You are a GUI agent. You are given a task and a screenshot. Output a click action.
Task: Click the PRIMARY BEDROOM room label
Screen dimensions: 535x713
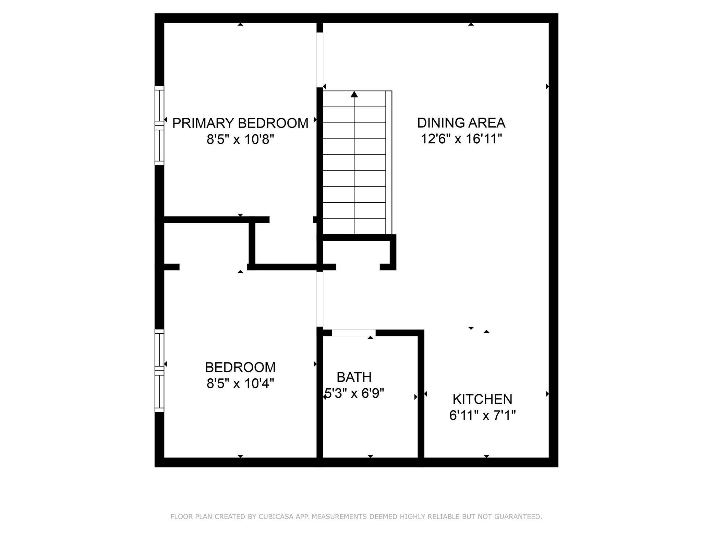pos(240,123)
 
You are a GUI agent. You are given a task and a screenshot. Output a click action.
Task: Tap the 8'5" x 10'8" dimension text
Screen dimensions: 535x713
pos(240,140)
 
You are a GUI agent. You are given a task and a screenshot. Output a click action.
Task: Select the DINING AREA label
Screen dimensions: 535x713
pos(461,123)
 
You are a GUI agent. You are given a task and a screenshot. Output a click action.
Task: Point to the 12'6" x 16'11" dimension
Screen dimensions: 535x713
pos(461,139)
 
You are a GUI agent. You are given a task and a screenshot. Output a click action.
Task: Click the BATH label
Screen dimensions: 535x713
pos(354,377)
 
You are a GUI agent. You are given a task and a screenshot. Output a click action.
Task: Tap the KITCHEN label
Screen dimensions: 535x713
pos(482,399)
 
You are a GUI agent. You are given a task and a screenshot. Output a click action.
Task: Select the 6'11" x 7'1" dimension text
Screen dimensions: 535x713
pos(482,416)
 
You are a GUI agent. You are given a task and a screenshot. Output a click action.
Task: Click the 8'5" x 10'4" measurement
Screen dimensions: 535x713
pos(240,383)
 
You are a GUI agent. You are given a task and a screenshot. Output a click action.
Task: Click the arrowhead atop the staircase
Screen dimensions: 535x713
pos(354,94)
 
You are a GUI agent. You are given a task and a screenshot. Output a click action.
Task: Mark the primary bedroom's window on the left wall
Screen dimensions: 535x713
pos(159,126)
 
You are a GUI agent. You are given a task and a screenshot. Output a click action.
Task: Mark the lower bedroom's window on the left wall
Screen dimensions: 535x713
pos(159,370)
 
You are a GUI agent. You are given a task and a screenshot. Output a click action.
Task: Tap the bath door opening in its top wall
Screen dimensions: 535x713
pos(354,333)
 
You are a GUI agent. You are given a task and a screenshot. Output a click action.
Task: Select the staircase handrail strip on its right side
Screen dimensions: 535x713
pos(389,163)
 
